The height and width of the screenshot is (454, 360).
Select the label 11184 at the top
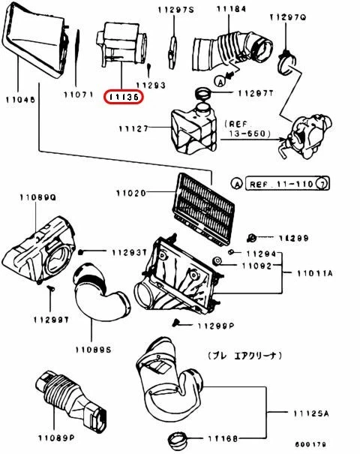pyautogui.click(x=211, y=9)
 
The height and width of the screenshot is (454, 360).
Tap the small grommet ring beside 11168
pyautogui.click(x=178, y=437)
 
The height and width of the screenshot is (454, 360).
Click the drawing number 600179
pyautogui.click(x=331, y=445)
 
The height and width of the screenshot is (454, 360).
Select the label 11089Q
pyautogui.click(x=38, y=197)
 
